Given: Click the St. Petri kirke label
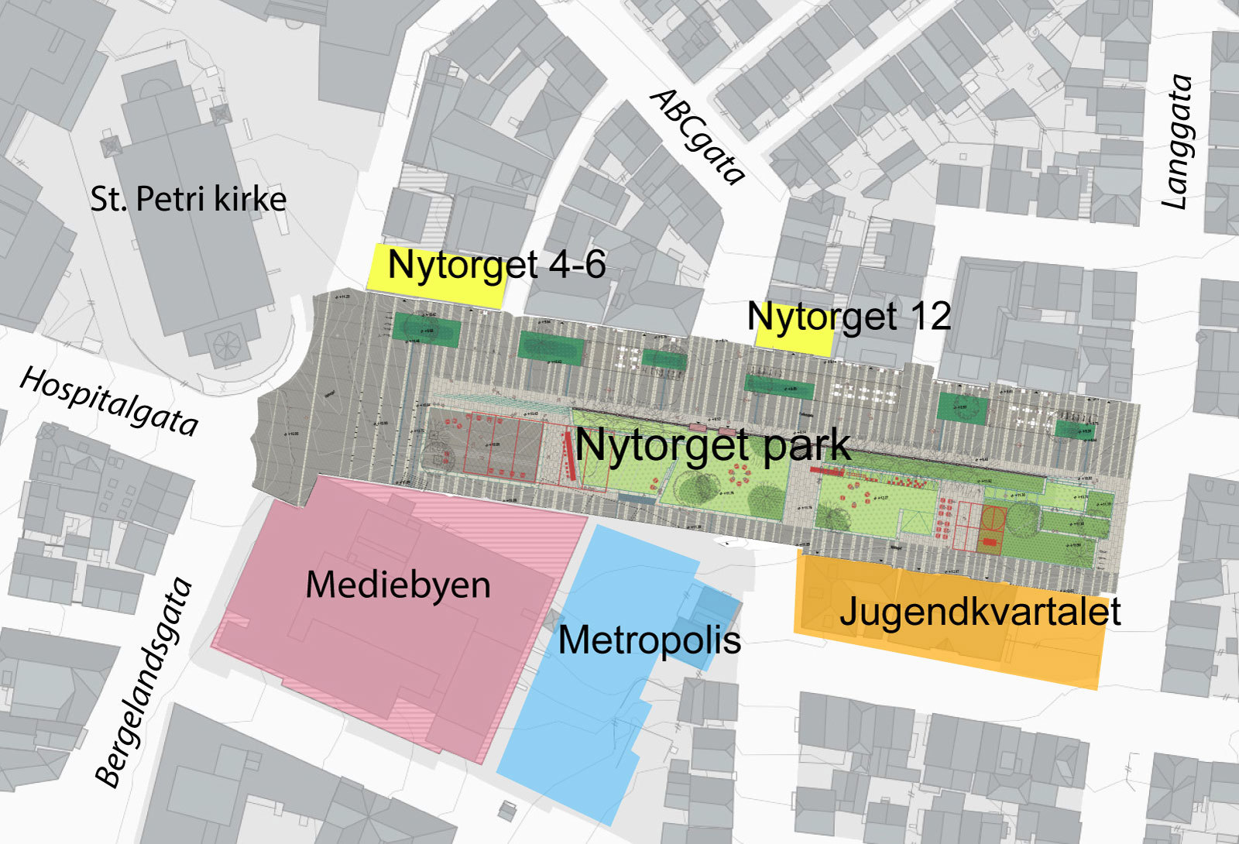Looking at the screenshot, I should tap(188, 200).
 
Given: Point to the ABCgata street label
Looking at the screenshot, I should tap(698, 137).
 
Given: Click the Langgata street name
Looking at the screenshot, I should tap(1178, 142).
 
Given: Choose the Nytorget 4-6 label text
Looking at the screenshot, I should tap(496, 265).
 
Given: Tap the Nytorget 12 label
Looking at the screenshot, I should tap(849, 317).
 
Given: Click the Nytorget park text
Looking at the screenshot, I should tap(712, 446).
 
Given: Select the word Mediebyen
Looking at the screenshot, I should tap(398, 585).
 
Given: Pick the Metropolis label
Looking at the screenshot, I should tap(649, 640).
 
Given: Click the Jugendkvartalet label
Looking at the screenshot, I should tap(980, 612).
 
